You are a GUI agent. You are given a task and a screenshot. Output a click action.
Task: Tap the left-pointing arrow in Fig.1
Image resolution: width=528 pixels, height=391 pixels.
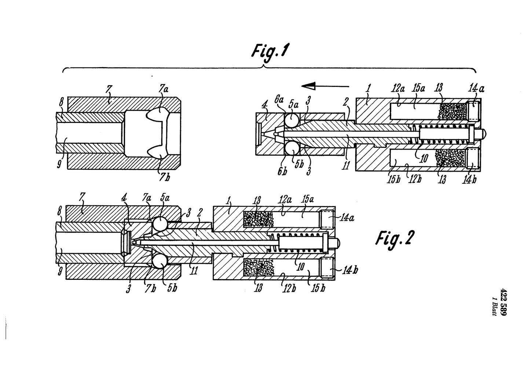[325, 86]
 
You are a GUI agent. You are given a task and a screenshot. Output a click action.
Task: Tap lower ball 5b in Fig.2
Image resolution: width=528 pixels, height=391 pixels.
[159, 262]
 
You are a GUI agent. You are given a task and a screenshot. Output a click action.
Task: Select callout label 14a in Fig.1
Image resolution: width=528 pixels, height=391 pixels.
[476, 89]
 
